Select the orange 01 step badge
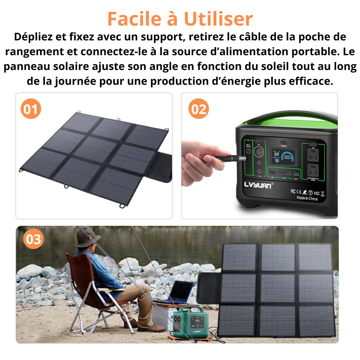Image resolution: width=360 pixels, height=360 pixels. click(x=31, y=109)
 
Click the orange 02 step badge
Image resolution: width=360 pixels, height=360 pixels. click(x=198, y=109)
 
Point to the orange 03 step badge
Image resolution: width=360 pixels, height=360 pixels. click(x=34, y=239)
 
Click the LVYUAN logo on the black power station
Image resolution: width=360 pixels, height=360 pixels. click(x=258, y=186)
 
